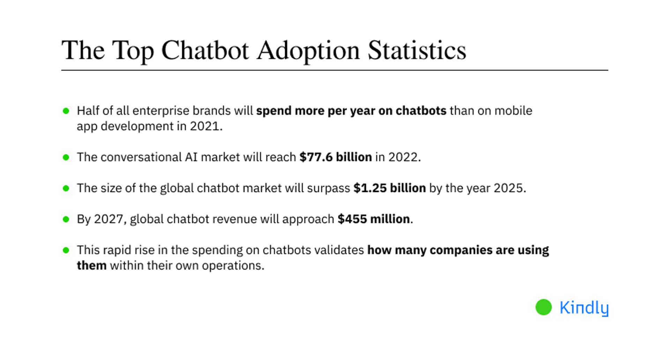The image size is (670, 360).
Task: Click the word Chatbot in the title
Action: point(205,50)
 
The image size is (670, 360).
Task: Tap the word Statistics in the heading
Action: point(417,50)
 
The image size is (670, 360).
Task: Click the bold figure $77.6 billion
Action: point(336,157)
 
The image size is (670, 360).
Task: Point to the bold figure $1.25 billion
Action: point(389,188)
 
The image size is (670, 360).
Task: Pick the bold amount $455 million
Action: point(373,219)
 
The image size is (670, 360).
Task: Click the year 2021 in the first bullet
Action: point(204,126)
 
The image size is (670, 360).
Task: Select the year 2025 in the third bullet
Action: point(508,188)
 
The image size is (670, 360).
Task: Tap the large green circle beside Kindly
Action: point(544,307)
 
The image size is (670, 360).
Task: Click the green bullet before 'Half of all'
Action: point(66,111)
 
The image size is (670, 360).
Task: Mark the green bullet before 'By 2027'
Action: point(66,219)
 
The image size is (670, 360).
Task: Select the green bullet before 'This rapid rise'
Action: point(66,250)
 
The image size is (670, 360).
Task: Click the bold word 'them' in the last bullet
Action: point(91,265)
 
